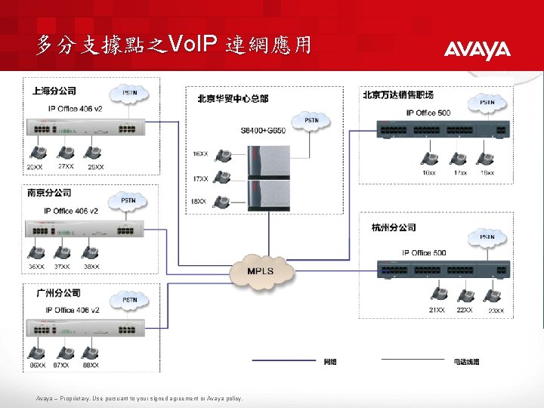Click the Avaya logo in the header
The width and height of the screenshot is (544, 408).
coord(477,50)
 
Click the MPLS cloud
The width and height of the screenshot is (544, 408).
coord(261,271)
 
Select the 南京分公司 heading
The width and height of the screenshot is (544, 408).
coord(50,193)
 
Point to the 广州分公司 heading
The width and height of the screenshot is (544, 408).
coord(58,292)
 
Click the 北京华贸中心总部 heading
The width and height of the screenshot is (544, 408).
coord(233,98)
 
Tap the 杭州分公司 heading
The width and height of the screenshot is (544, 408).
coord(394,227)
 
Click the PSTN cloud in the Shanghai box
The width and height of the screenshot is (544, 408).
coord(130,94)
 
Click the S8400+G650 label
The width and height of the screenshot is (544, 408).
coord(264,131)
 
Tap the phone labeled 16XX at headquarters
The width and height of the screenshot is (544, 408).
coord(222,156)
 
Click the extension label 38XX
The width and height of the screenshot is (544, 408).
coord(91,267)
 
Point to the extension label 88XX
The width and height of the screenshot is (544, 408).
coord(91,366)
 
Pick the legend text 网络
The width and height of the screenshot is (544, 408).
coord(330,362)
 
